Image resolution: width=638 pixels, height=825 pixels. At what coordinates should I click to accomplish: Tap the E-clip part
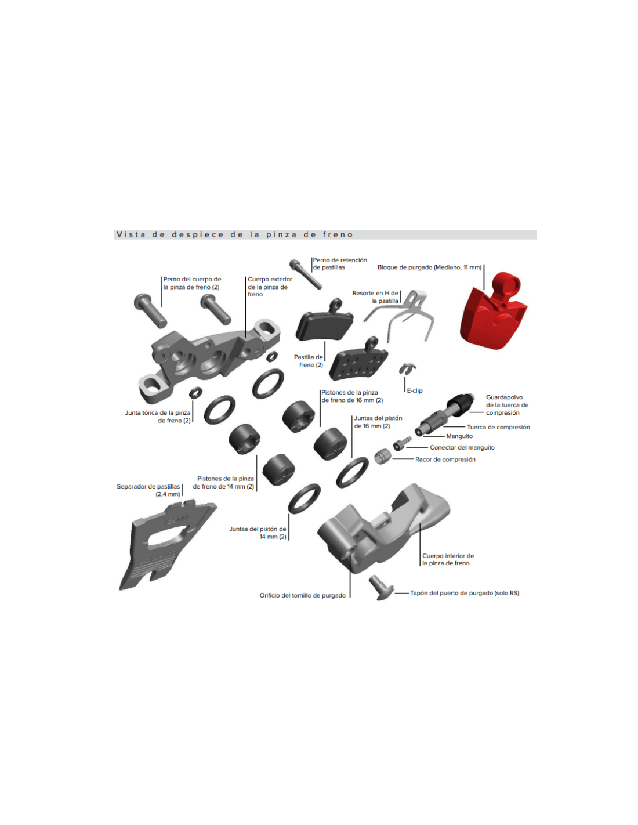407,367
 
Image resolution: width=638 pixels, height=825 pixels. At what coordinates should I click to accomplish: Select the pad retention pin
305,273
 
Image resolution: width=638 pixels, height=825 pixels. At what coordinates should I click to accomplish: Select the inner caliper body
383,529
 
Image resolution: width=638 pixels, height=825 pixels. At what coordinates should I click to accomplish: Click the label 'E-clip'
415,390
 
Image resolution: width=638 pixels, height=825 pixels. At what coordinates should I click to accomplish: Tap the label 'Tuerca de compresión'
498,427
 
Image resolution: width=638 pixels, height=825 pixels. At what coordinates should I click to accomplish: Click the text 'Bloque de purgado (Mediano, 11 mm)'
429,267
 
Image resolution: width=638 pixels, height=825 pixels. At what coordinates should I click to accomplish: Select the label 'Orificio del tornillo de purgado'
303,595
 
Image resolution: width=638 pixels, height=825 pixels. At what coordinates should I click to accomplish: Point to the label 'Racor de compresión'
445,459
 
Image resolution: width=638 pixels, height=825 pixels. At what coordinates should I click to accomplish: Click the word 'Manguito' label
459,436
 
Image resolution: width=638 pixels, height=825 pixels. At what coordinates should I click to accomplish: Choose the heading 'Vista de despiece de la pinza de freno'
234,234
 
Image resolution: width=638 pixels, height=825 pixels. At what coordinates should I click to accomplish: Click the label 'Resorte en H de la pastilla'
375,297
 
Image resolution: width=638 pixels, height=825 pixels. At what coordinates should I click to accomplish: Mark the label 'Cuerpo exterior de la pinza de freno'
270,287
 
